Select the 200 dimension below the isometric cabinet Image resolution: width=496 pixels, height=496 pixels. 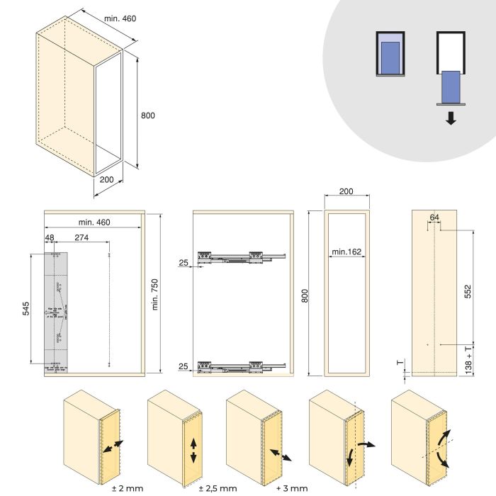coord(106,179)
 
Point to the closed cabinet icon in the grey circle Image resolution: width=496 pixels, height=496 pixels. coord(390,53)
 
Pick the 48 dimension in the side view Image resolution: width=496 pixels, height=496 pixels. coord(50,238)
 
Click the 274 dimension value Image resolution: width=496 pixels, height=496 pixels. coord(81,238)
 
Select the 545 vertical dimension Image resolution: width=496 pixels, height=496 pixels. coord(25,309)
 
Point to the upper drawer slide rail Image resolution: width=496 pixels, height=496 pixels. coord(241,256)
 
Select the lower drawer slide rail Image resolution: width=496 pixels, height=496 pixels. coord(241,365)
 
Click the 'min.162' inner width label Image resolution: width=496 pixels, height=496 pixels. coord(346,252)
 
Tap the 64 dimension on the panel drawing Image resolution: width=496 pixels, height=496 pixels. coord(434,217)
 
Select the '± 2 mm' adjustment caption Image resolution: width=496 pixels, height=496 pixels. coord(128,487)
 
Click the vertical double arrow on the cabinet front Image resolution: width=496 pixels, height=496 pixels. coord(193,450)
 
